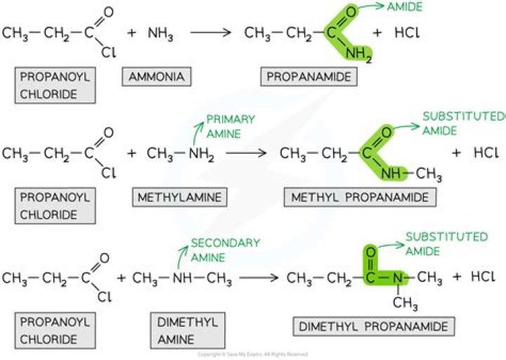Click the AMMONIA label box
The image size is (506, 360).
pyautogui.click(x=153, y=77)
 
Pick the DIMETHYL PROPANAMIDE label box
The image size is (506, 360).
pyautogui.click(x=373, y=326)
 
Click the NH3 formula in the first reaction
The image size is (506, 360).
pyautogui.click(x=161, y=33)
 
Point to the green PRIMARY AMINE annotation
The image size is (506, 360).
pyautogui.click(x=230, y=126)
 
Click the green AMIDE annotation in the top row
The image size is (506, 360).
pyautogui.click(x=406, y=6)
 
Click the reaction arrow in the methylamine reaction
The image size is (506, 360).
pyautogui.click(x=247, y=152)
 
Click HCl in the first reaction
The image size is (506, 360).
pyautogui.click(x=408, y=33)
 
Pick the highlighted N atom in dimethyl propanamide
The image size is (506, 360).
pyautogui.click(x=397, y=277)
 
